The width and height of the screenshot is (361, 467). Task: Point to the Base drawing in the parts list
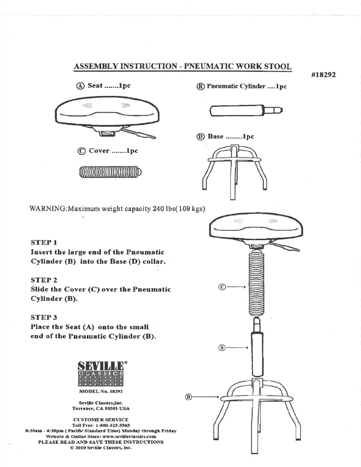pos(233,172)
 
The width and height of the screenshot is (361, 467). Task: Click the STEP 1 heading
pos(42,241)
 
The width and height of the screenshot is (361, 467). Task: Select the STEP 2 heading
pos(42,280)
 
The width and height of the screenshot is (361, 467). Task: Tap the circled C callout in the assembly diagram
pos(221,286)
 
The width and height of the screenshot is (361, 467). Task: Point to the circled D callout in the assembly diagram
pos(189,397)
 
